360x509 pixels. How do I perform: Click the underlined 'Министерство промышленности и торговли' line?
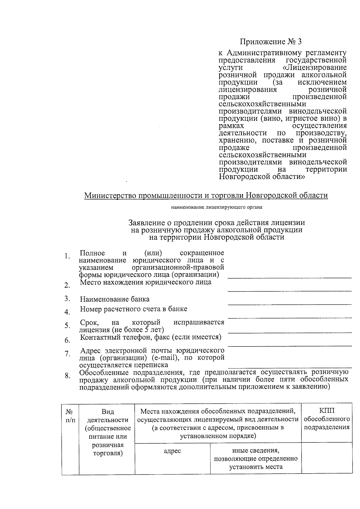(x=206, y=196)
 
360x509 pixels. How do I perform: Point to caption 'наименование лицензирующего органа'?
(x=217, y=207)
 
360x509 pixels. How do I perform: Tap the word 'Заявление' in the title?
(x=146, y=223)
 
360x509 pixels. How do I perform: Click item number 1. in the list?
(x=67, y=256)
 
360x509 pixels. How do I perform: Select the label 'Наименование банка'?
(x=115, y=299)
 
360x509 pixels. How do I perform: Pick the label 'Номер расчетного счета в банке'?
(x=133, y=309)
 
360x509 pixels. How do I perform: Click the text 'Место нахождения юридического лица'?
(x=145, y=282)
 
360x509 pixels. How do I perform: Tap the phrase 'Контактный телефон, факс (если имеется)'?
(x=151, y=337)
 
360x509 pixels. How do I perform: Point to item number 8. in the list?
(x=67, y=376)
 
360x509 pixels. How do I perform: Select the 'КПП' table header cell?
(x=327, y=419)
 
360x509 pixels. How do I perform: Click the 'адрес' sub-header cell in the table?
(x=172, y=451)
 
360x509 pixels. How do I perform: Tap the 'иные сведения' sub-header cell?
(x=256, y=458)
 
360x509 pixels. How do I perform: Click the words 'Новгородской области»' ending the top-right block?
(x=262, y=177)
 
